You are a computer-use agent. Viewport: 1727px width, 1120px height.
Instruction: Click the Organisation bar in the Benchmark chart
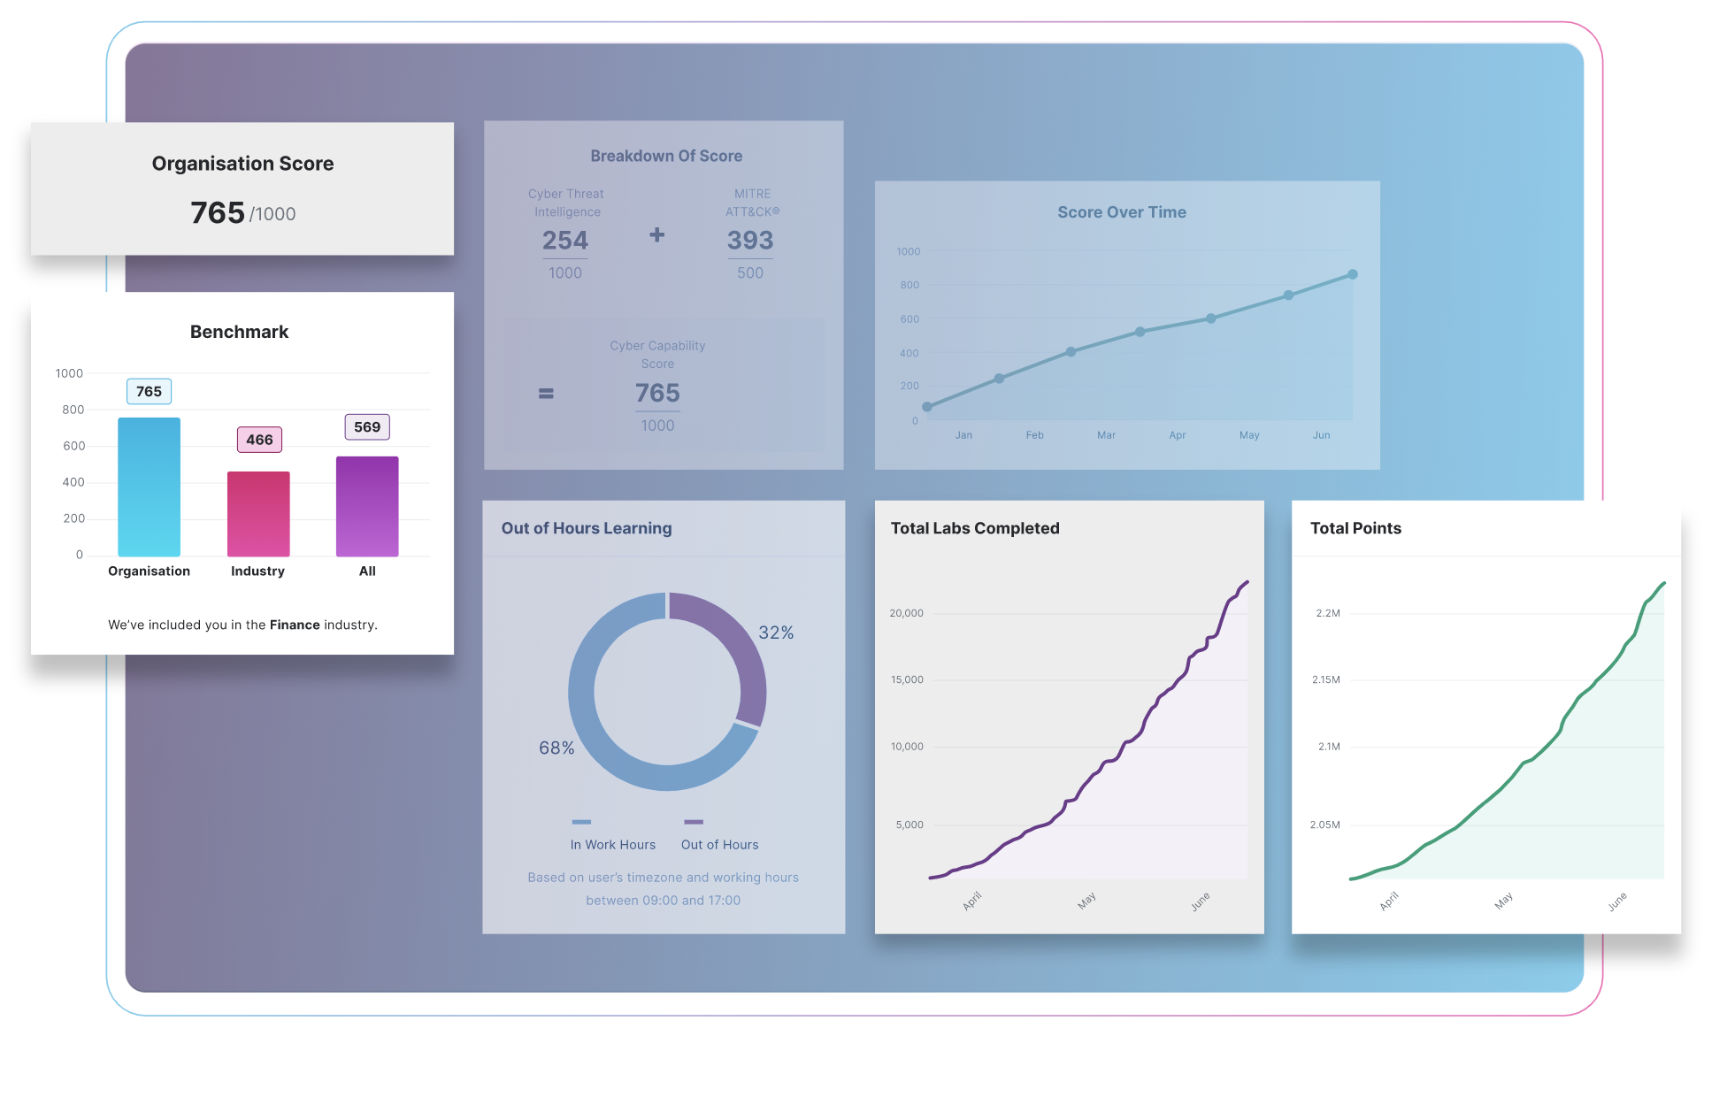click(149, 487)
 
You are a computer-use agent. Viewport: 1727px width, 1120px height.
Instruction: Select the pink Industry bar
click(258, 513)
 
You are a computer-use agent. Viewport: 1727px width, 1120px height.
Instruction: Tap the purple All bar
click(367, 506)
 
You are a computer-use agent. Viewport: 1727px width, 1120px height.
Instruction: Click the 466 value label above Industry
click(259, 440)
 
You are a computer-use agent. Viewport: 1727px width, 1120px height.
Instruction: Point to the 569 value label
click(367, 427)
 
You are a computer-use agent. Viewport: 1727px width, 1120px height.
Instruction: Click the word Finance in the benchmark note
click(295, 625)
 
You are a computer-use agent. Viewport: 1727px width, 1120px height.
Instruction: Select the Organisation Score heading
click(242, 164)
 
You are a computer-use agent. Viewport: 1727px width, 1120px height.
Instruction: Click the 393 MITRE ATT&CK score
click(750, 240)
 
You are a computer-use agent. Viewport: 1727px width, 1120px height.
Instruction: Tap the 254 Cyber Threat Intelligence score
click(565, 240)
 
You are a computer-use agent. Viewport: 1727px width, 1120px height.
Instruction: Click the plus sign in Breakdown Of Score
click(656, 234)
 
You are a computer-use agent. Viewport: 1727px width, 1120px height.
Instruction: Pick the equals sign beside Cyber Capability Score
click(546, 394)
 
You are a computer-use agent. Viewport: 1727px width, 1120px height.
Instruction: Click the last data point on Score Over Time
click(1352, 274)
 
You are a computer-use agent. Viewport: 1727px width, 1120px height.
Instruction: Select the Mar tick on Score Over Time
click(1106, 435)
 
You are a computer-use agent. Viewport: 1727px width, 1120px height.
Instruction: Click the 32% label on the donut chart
click(776, 633)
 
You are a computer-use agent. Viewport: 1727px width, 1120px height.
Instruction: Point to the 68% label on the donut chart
click(556, 748)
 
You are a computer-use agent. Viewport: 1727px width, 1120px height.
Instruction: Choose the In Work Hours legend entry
click(612, 844)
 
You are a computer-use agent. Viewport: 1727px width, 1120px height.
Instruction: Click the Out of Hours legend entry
click(719, 844)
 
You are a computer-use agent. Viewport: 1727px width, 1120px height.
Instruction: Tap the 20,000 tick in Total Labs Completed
click(906, 613)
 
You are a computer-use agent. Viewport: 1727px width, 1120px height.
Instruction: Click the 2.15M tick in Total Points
click(1325, 679)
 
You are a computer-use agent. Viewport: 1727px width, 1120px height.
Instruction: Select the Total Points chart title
click(1355, 528)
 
